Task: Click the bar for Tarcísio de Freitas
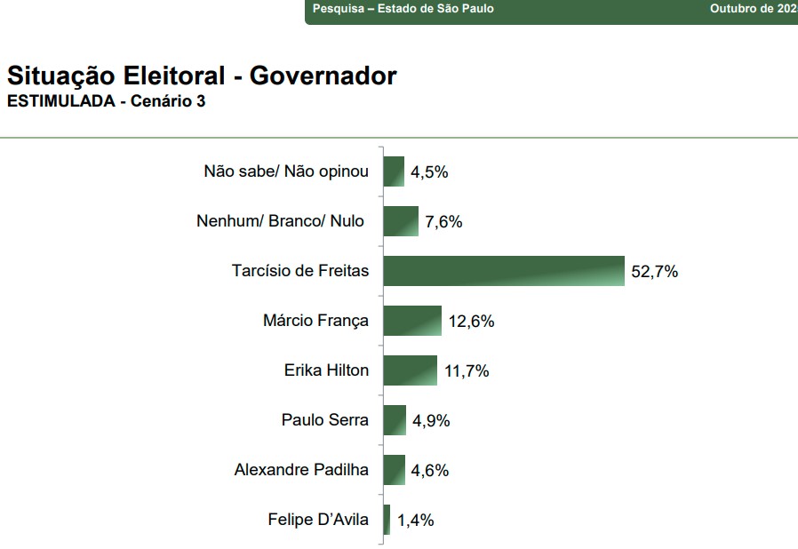click(x=504, y=271)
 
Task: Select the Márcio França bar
click(x=412, y=321)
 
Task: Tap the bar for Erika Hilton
click(x=410, y=370)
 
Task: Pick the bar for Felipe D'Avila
click(x=387, y=520)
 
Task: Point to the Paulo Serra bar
click(x=395, y=420)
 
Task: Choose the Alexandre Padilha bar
click(x=394, y=470)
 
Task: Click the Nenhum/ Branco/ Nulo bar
click(x=401, y=221)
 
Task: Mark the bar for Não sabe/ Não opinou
click(x=394, y=171)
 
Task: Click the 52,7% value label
click(x=654, y=272)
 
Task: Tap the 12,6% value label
click(x=471, y=322)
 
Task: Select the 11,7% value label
click(x=466, y=371)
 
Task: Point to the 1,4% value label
click(x=415, y=521)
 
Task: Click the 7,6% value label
click(x=443, y=222)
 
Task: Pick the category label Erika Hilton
click(x=325, y=370)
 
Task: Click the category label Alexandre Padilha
click(x=301, y=470)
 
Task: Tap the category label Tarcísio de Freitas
click(x=299, y=271)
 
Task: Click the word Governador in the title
click(x=323, y=76)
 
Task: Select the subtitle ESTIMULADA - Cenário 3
click(x=106, y=101)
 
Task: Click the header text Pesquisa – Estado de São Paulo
click(x=403, y=9)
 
